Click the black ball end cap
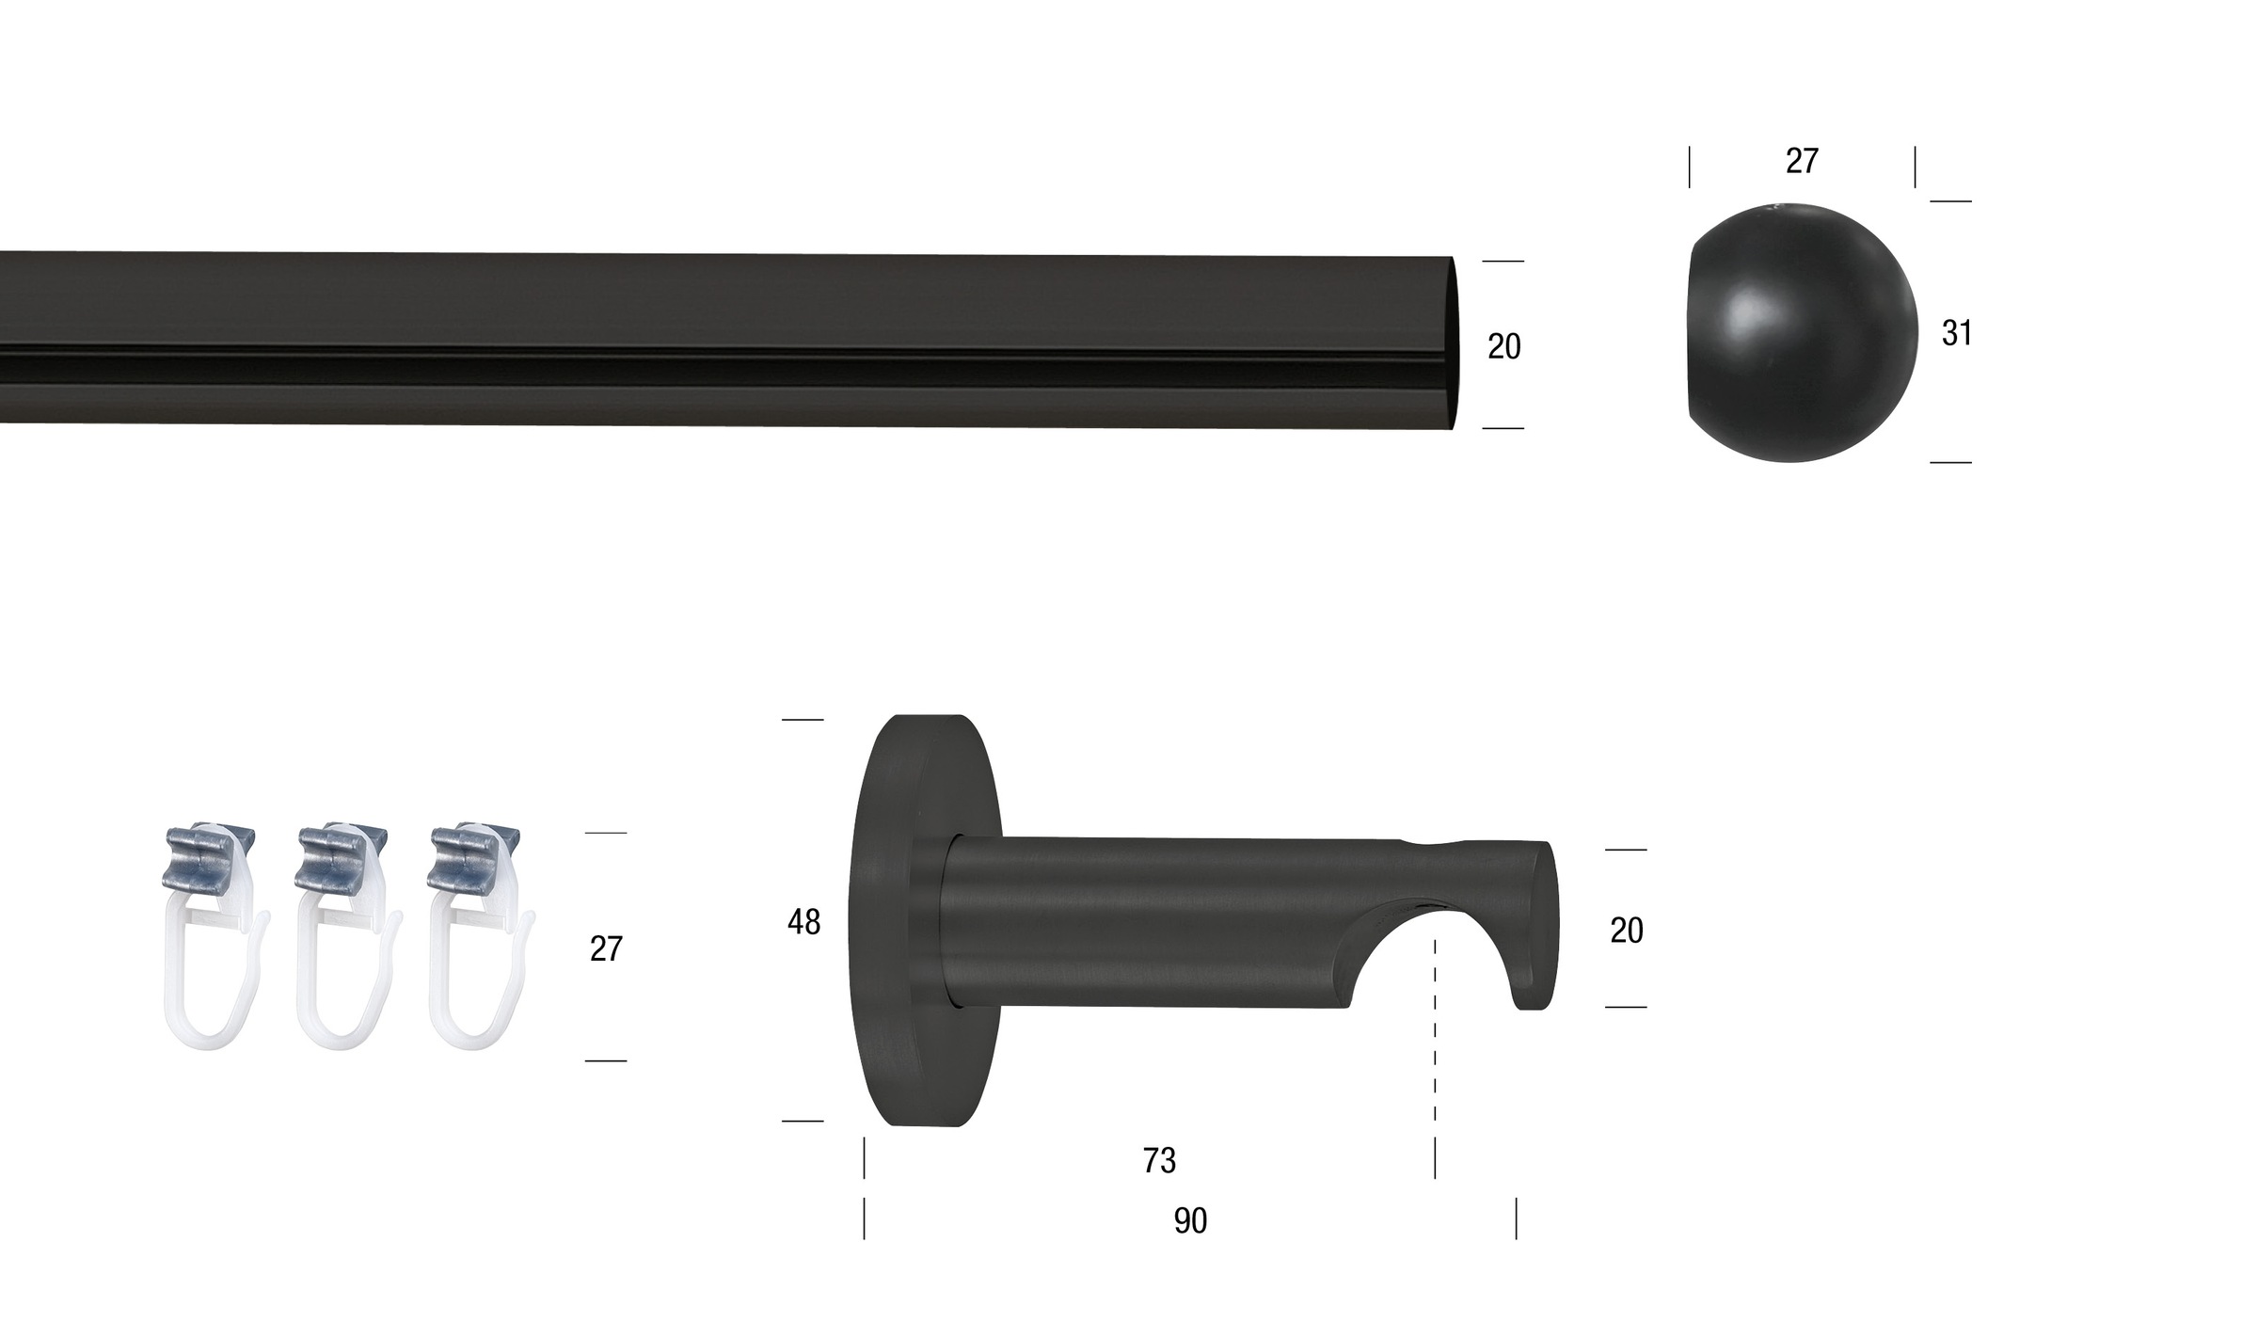pyautogui.click(x=1802, y=333)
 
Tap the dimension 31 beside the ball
pyautogui.click(x=1957, y=333)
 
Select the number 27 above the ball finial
pyautogui.click(x=1802, y=161)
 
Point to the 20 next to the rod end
pyautogui.click(x=1503, y=346)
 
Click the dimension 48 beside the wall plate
pyautogui.click(x=803, y=922)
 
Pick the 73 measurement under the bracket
pyautogui.click(x=1159, y=1160)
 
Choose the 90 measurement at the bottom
pyautogui.click(x=1190, y=1220)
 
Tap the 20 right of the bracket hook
pyautogui.click(x=1627, y=931)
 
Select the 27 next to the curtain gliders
pyautogui.click(x=606, y=948)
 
